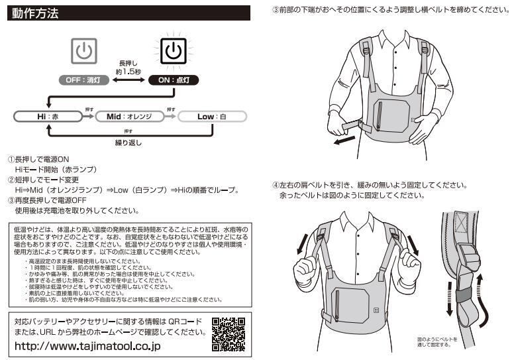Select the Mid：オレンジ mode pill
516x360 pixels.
(x=129, y=117)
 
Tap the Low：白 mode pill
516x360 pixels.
(x=211, y=117)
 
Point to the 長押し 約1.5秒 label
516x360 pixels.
(x=127, y=65)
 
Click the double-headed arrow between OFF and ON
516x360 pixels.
(x=127, y=80)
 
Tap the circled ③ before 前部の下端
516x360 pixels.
(x=276, y=11)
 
